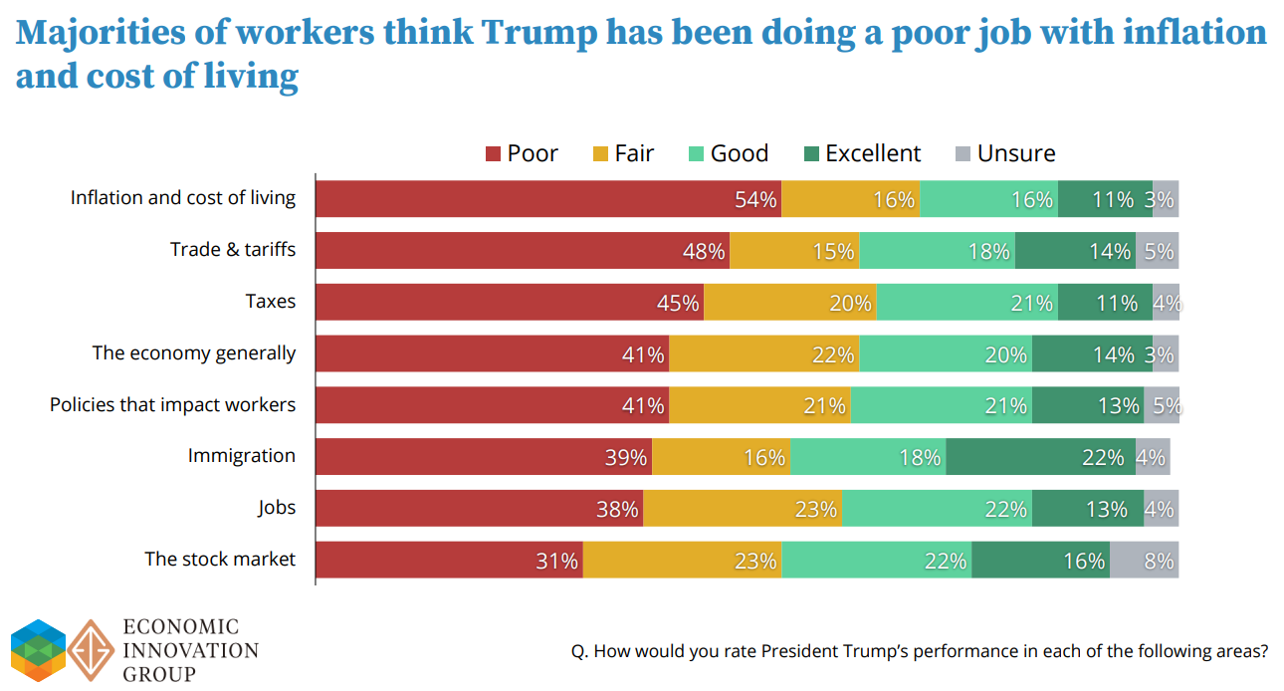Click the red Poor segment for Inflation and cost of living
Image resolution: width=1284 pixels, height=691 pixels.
click(547, 198)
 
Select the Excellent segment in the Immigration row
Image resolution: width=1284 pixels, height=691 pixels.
click(1039, 457)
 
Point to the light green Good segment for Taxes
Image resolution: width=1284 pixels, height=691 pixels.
click(966, 302)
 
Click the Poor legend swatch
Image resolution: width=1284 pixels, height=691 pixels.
click(493, 154)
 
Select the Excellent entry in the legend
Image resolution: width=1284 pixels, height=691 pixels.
click(862, 153)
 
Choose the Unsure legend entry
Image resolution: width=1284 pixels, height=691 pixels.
click(1004, 153)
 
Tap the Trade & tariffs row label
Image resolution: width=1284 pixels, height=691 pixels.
click(233, 249)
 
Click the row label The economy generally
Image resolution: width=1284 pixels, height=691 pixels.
click(194, 352)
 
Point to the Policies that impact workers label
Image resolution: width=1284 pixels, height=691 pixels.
click(173, 404)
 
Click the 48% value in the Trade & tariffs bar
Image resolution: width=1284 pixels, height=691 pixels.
click(704, 251)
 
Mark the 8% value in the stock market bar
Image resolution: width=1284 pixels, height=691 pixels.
click(1160, 561)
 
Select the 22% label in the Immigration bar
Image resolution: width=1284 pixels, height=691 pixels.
click(1103, 458)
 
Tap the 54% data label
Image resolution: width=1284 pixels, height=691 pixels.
click(755, 199)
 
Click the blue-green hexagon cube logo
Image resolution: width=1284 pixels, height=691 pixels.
click(38, 649)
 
